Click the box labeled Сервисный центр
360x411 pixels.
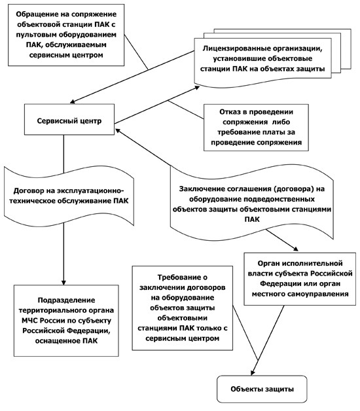[x=69, y=120]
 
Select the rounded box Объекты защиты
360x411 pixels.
[x=262, y=389]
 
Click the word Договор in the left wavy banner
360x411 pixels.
[x=29, y=191]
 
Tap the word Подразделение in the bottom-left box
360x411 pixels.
[x=66, y=300]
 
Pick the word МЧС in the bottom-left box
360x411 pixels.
[x=30, y=321]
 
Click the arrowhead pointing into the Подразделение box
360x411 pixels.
[x=63, y=283]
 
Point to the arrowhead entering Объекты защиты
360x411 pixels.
[x=253, y=372]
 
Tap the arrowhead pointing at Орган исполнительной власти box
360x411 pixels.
[x=295, y=249]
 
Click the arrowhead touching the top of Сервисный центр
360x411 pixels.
[x=73, y=101]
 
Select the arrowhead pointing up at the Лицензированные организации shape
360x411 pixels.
[x=196, y=88]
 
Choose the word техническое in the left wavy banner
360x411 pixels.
[x=32, y=202]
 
